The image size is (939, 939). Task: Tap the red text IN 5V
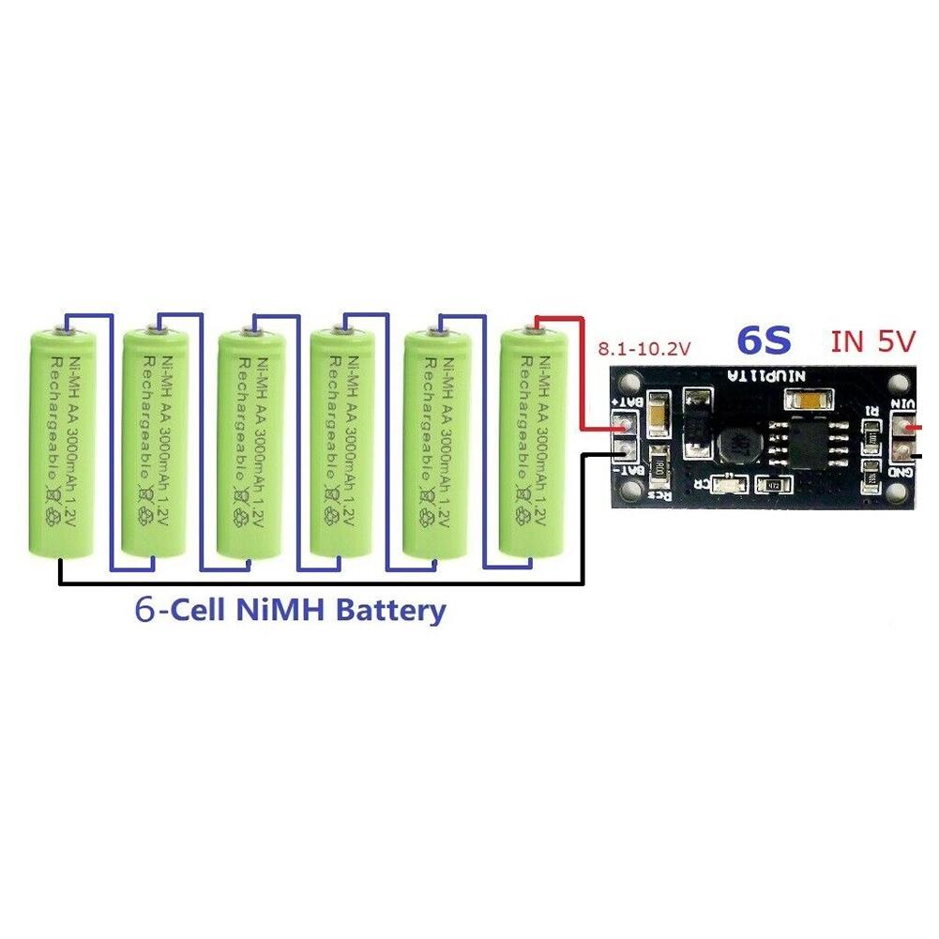point(871,341)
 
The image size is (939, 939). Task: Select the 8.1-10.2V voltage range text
point(644,349)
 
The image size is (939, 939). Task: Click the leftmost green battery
point(62,441)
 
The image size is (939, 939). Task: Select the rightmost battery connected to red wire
point(531,441)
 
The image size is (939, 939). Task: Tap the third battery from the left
point(250,441)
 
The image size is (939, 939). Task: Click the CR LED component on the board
point(724,484)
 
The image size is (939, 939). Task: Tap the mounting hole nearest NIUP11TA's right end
point(899,383)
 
